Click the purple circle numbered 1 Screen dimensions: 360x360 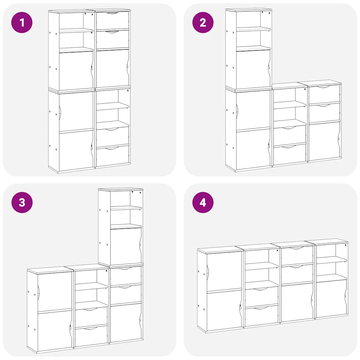[22, 22]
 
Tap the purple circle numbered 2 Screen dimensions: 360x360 [203, 22]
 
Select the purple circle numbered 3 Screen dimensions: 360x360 [22, 202]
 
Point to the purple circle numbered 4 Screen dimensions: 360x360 [203, 202]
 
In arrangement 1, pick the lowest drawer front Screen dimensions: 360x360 [112, 156]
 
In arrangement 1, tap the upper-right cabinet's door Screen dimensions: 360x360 [112, 68]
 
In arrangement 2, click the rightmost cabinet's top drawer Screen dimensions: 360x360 [324, 94]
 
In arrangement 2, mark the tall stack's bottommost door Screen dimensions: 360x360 [253, 149]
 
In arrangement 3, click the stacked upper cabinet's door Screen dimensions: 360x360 [126, 246]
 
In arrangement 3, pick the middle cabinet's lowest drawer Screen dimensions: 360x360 [91, 335]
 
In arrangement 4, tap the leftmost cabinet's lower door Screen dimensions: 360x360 [224, 310]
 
